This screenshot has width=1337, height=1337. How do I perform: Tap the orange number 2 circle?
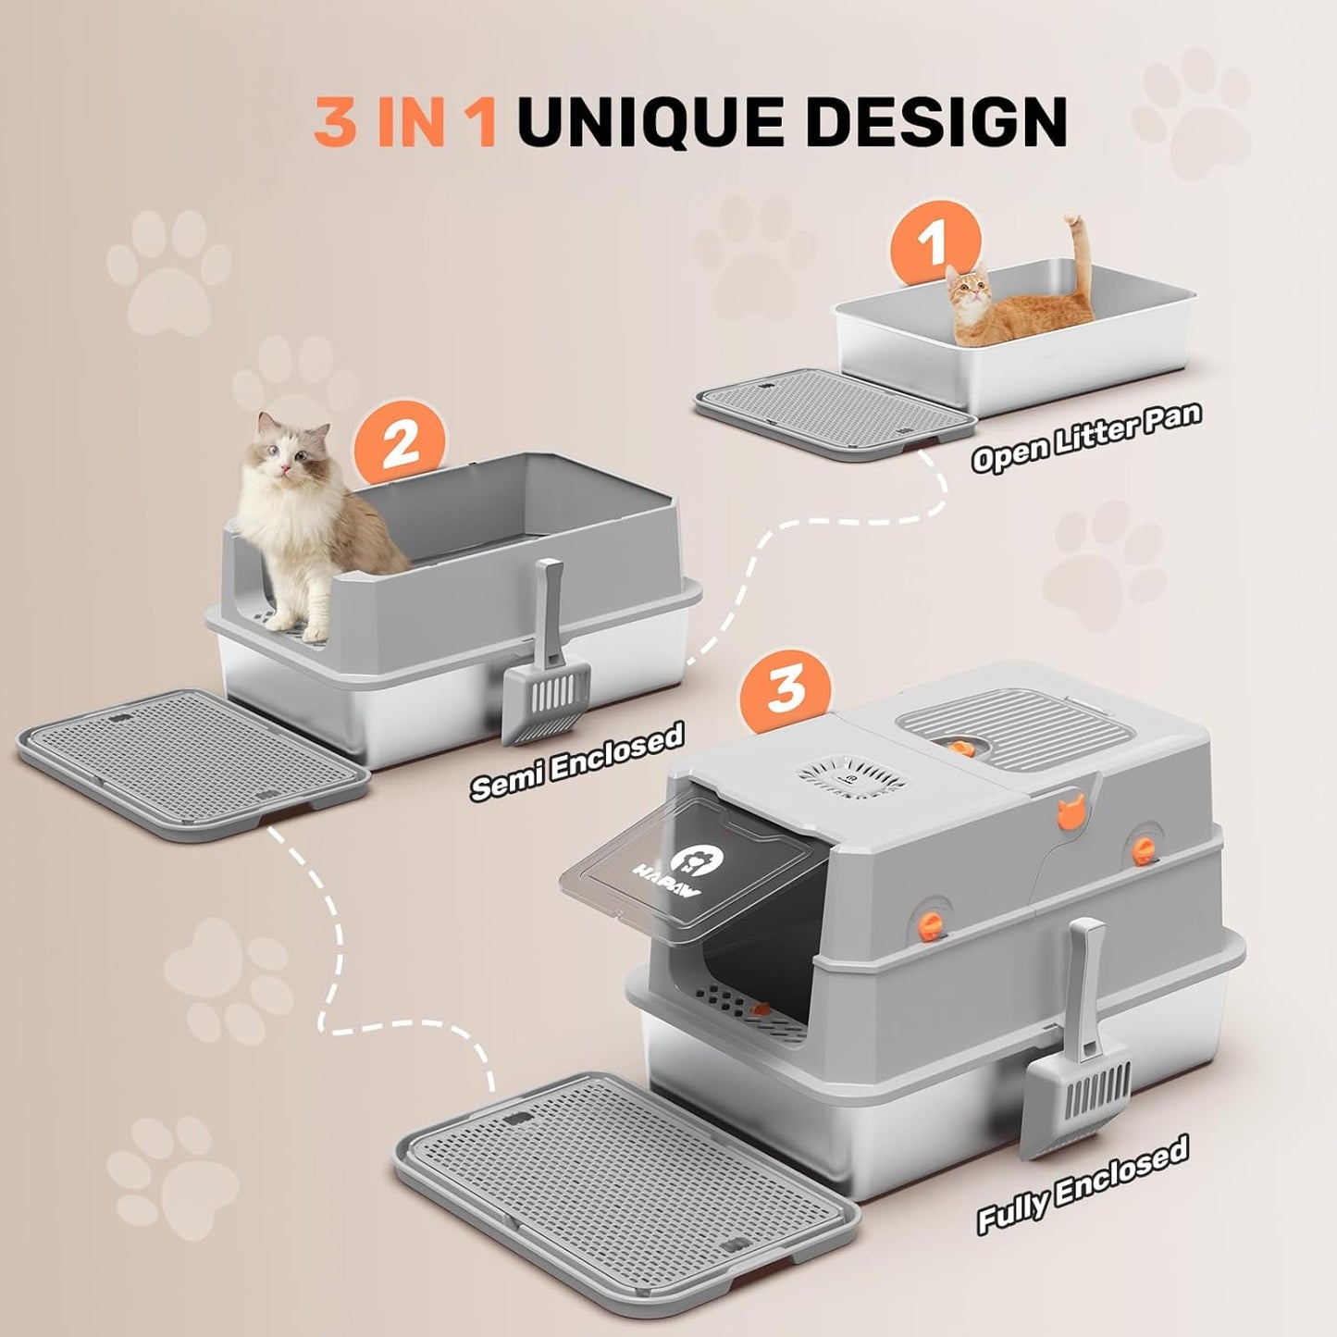click(400, 444)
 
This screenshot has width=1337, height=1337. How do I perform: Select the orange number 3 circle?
click(786, 687)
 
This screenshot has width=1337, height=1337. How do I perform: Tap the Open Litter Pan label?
click(1085, 438)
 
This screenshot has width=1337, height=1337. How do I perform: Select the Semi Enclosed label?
click(576, 761)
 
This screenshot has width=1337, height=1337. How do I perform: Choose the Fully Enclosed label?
click(1083, 1185)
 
